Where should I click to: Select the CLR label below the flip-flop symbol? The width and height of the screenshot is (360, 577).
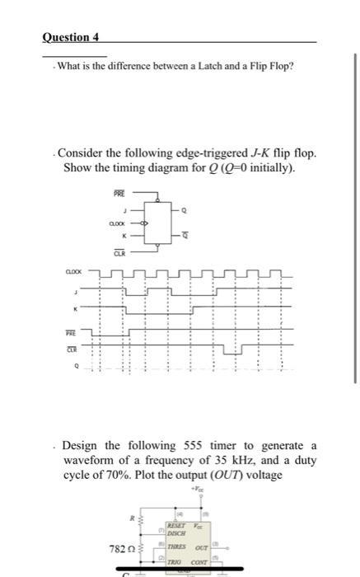coord(119,254)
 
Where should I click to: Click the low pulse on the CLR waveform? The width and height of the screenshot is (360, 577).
coord(234,352)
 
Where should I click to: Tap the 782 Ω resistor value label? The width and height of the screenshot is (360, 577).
coord(124,548)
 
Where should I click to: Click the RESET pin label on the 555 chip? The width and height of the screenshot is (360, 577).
coord(175,524)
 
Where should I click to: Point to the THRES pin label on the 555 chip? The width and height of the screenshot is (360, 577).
coord(176,547)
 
